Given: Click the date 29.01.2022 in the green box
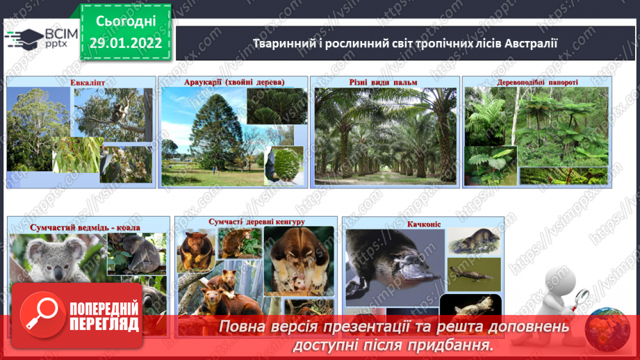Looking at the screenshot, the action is pyautogui.click(x=126, y=43).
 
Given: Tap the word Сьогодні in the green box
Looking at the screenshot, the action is pyautogui.click(x=126, y=22).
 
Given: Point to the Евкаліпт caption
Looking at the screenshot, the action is pyautogui.click(x=88, y=83).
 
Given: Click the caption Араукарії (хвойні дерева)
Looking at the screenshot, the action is pyautogui.click(x=234, y=82).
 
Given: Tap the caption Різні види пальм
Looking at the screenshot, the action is pyautogui.click(x=384, y=82).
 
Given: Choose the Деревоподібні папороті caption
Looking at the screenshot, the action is pyautogui.click(x=537, y=83).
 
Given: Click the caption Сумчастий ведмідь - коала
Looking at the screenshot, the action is pyautogui.click(x=85, y=227).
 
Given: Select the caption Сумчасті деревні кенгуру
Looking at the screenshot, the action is pyautogui.click(x=256, y=222).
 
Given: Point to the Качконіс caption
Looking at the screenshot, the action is pyautogui.click(x=424, y=224).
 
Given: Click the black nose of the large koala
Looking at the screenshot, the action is pyautogui.click(x=58, y=271).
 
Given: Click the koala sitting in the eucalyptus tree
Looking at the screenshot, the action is pyautogui.click(x=118, y=113).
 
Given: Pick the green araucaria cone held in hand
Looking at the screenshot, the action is pyautogui.click(x=287, y=165).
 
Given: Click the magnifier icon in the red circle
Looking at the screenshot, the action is pyautogui.click(x=42, y=315).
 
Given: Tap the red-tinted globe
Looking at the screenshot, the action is pyautogui.click(x=607, y=329).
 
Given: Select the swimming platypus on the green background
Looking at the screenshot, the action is pyautogui.click(x=473, y=275).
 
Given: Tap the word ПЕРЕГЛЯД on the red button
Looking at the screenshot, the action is pyautogui.click(x=104, y=325).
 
